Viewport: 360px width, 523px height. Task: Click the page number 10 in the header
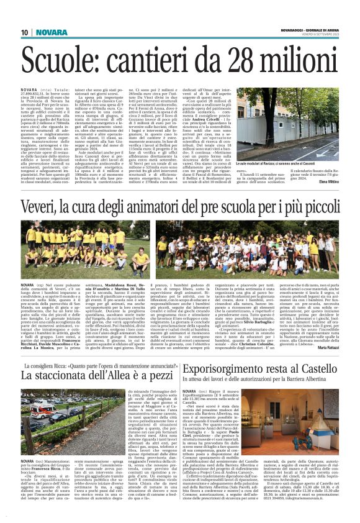tap(25, 32)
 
